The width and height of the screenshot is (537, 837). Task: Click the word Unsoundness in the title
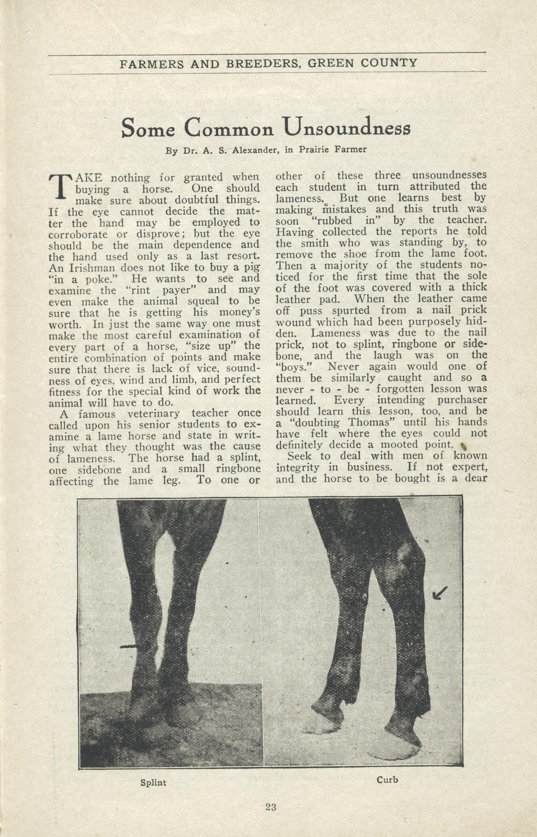click(347, 128)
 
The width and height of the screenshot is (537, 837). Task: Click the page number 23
click(271, 807)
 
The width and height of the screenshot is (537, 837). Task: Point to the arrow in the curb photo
click(439, 593)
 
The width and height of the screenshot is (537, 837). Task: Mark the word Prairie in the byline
click(314, 149)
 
